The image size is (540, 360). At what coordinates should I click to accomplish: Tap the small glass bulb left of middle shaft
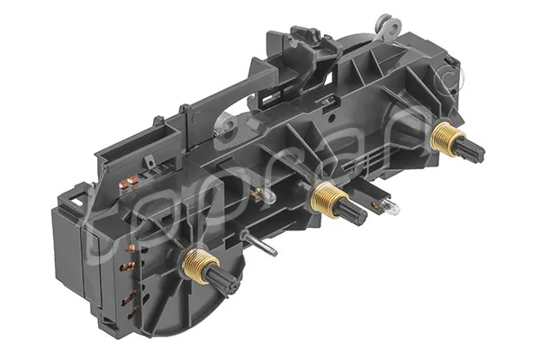[262, 193]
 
